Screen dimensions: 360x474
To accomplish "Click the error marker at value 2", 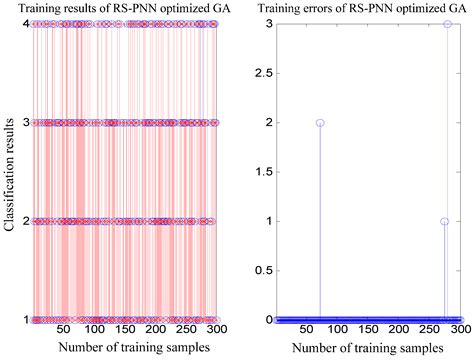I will [320, 122].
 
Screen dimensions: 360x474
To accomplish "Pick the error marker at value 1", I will [444, 221].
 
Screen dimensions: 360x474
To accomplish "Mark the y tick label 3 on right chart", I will [267, 23].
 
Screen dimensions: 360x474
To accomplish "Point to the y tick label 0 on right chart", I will [267, 320].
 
